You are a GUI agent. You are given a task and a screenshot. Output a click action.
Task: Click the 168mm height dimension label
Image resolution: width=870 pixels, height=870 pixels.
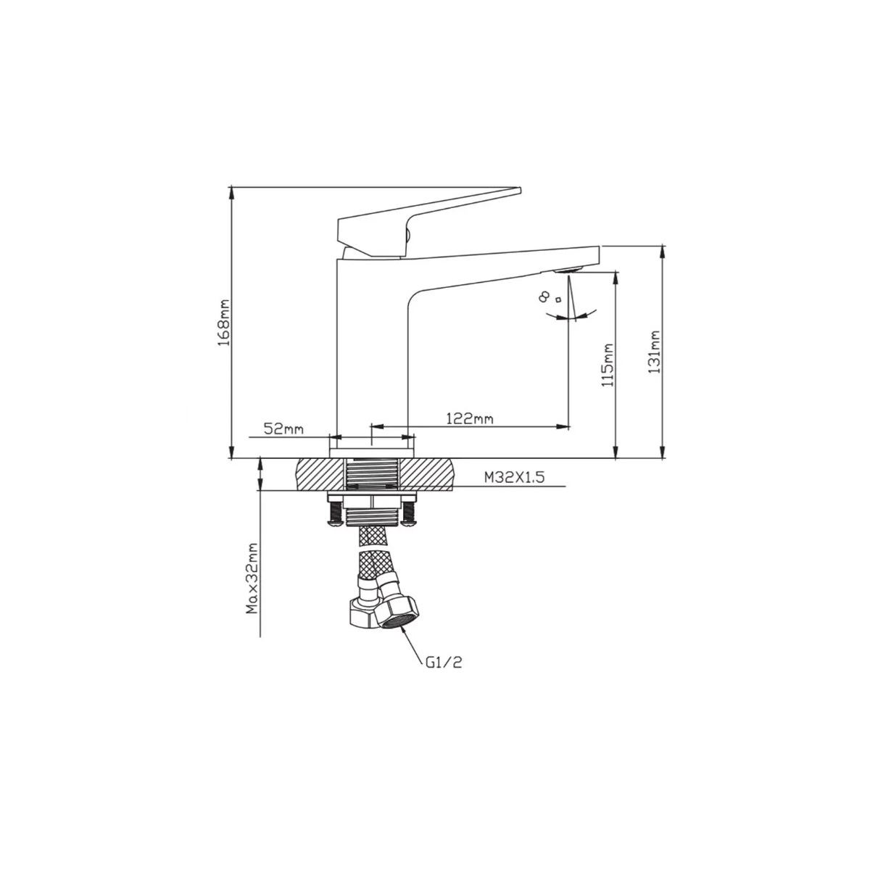[x=224, y=323]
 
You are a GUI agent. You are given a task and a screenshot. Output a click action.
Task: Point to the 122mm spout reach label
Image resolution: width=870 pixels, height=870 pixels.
[x=470, y=418]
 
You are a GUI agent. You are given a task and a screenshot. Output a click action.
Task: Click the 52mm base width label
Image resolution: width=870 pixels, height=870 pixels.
[x=283, y=428]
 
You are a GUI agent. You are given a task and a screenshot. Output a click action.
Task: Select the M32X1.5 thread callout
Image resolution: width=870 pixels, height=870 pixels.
[x=514, y=478]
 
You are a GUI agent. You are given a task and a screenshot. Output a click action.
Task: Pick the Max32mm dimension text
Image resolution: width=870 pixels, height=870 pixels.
[x=252, y=579]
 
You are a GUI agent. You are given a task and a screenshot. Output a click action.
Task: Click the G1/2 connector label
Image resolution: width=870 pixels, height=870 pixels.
[x=444, y=663]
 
